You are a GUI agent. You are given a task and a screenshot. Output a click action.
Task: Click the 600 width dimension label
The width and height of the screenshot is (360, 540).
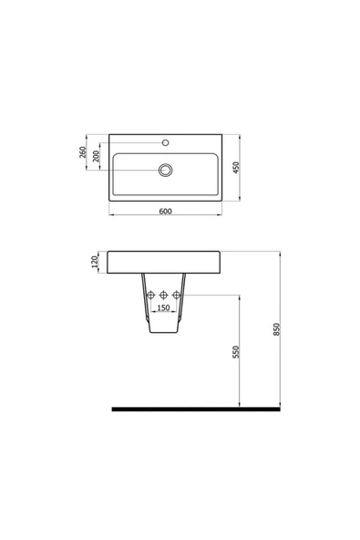[x=165, y=211]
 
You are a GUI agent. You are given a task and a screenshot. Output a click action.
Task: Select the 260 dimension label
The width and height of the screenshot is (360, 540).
[x=83, y=151]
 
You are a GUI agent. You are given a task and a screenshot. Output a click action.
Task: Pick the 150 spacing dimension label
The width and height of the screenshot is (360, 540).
[x=164, y=308]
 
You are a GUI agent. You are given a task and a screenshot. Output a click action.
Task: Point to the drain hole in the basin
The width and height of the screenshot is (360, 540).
[x=165, y=170]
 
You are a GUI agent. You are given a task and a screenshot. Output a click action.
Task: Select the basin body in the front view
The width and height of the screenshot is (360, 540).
[x=165, y=263]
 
